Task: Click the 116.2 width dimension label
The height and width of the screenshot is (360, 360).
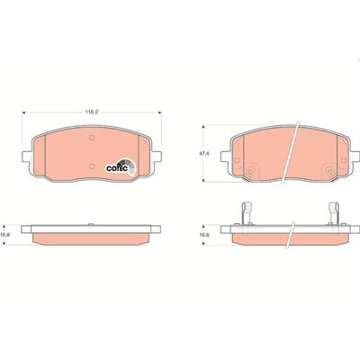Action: pos(91,112)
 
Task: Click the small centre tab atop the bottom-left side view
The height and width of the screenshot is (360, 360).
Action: pos(91,219)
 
